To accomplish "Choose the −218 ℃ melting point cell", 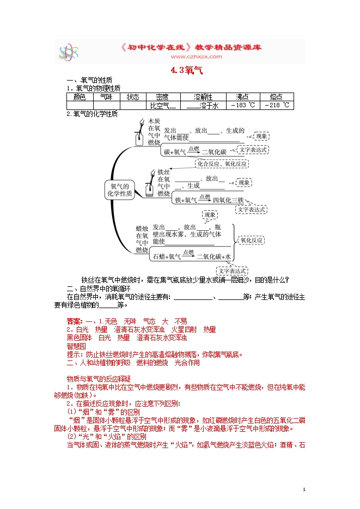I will [278, 106].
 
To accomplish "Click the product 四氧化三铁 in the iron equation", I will [228, 200].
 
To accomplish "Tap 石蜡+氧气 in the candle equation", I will [167, 256].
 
